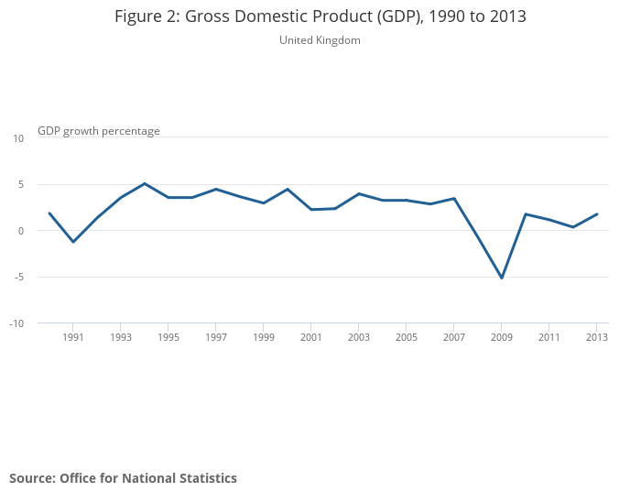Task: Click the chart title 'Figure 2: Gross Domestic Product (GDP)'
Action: pyautogui.click(x=320, y=16)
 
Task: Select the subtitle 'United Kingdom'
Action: pyautogui.click(x=320, y=40)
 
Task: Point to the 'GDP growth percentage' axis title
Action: pyautogui.click(x=99, y=131)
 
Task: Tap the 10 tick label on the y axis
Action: pyautogui.click(x=18, y=138)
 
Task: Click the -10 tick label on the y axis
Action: pyautogui.click(x=17, y=323)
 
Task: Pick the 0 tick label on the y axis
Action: pyautogui.click(x=20, y=231)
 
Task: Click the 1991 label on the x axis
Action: pyautogui.click(x=73, y=337)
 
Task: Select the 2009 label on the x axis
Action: pyautogui.click(x=502, y=337)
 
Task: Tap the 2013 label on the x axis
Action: pyautogui.click(x=597, y=337)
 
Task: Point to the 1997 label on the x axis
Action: pyautogui.click(x=216, y=337)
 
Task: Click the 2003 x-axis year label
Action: pyautogui.click(x=359, y=337)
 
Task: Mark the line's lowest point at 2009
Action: pyautogui.click(x=502, y=278)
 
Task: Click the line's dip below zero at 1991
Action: pyautogui.click(x=73, y=242)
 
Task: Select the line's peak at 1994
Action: pyautogui.click(x=145, y=183)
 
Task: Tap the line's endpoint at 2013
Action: pyautogui.click(x=597, y=214)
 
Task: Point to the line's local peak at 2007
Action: pyautogui.click(x=454, y=198)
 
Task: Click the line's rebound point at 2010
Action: pyautogui.click(x=526, y=213)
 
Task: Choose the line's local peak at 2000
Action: pyautogui.click(x=288, y=189)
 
